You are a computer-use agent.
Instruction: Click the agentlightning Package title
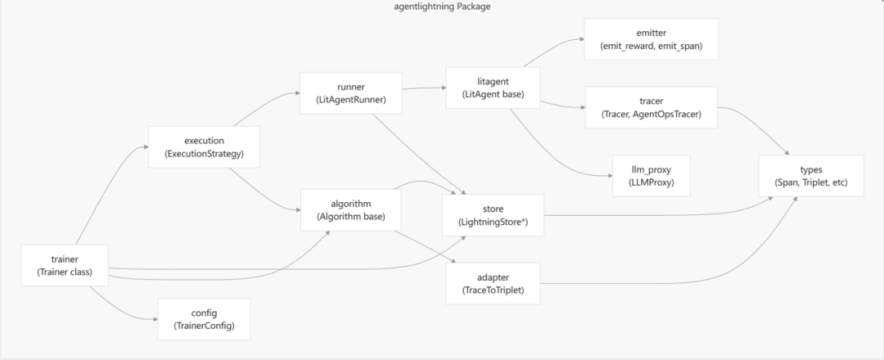click(x=442, y=7)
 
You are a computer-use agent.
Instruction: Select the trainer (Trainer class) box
click(x=64, y=265)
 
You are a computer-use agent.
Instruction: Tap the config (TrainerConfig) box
click(x=203, y=319)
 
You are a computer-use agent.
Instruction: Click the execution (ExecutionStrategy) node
click(x=204, y=146)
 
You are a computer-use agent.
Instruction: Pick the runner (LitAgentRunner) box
click(x=350, y=93)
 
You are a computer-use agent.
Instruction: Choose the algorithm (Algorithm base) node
click(x=350, y=210)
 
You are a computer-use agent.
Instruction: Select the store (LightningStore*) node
click(x=493, y=216)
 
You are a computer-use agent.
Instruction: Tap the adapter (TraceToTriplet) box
click(x=494, y=284)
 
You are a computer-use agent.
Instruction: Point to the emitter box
click(x=652, y=39)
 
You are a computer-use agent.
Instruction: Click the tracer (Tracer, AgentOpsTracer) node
click(x=652, y=107)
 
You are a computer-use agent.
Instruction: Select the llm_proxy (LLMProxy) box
click(x=652, y=174)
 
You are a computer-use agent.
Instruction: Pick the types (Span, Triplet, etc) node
click(x=810, y=175)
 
